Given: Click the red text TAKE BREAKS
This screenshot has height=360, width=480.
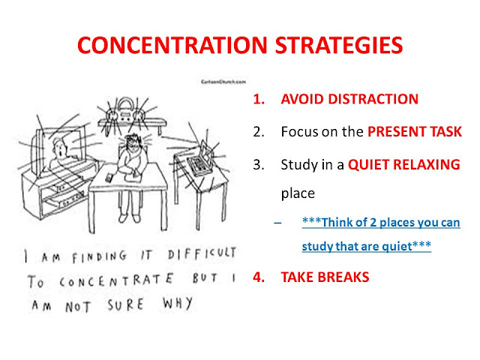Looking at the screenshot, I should click(x=325, y=277).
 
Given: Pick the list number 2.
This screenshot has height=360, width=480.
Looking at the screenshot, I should click(x=259, y=132).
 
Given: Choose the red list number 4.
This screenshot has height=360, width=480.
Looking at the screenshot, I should click(x=259, y=277).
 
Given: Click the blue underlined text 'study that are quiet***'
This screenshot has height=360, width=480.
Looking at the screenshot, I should click(x=366, y=245).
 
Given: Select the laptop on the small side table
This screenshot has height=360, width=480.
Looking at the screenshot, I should click(x=196, y=161).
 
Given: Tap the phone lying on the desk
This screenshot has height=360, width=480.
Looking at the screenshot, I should click(x=109, y=178).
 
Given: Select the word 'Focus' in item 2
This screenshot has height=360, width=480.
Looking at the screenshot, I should click(x=296, y=132).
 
